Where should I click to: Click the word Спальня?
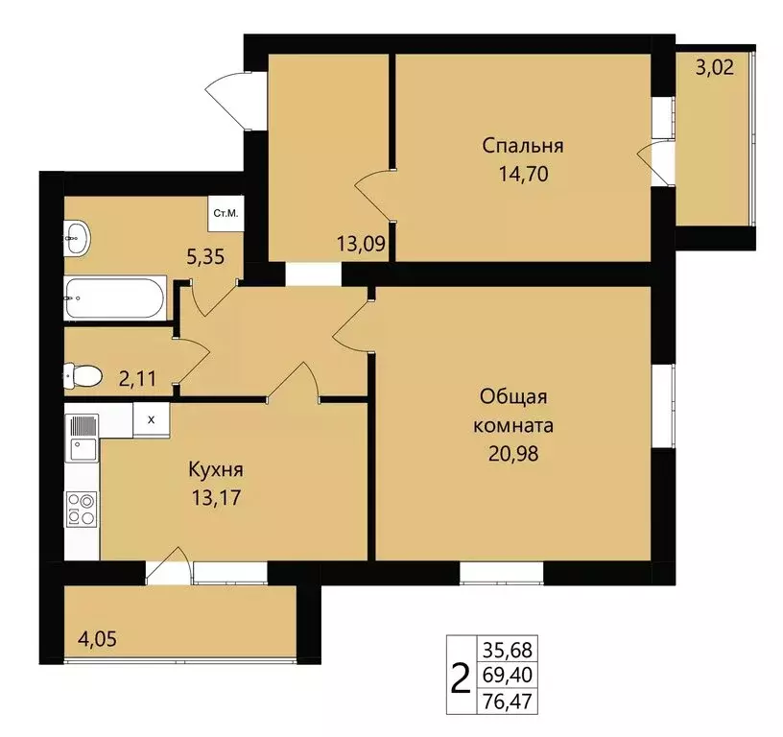523,146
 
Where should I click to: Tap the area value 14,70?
523,175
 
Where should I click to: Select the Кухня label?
216,470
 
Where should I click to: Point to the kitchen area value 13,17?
216,498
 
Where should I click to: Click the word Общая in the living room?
513,397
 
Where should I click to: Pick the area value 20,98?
513,454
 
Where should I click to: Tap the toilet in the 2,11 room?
83,375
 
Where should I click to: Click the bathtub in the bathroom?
114,298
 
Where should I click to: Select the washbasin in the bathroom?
77,238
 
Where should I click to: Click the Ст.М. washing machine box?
225,214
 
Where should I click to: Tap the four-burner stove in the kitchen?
82,509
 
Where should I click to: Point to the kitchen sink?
83,449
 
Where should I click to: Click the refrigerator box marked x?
152,420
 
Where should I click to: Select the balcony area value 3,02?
715,67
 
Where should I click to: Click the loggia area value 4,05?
97,638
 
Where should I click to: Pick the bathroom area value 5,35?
205,257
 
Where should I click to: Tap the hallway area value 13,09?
361,244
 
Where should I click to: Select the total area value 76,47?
508,702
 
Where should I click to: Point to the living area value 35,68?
508,651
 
